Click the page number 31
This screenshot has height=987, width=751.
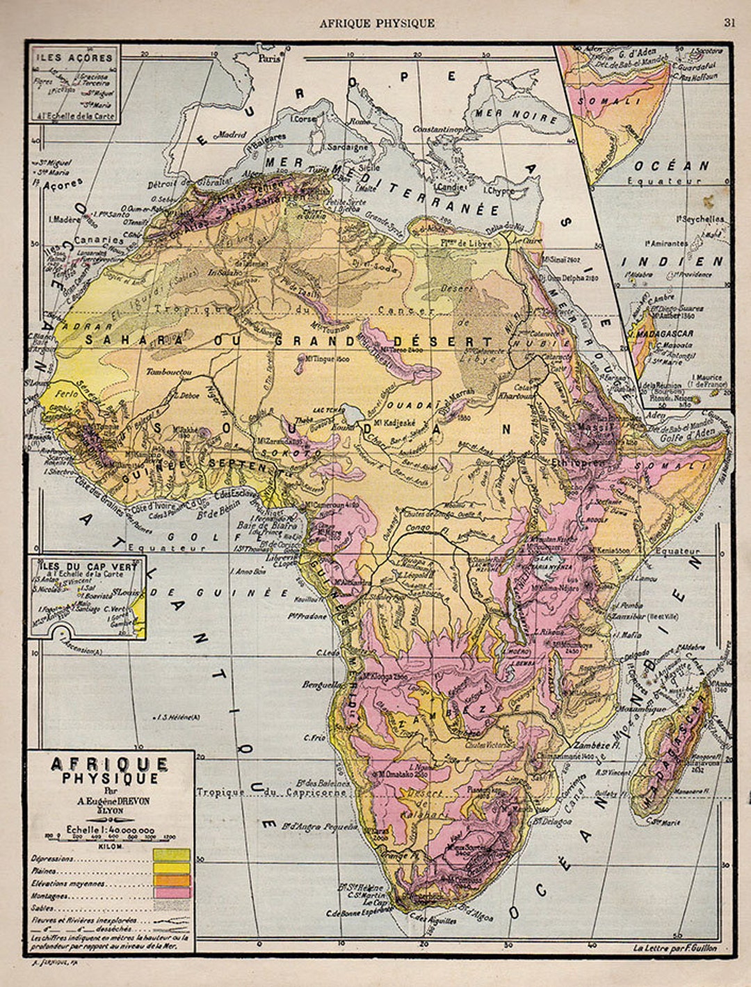pos(729,22)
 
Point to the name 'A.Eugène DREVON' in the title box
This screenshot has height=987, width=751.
pos(111,800)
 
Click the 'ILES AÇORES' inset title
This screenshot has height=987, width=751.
pos(74,58)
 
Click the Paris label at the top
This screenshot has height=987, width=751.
pos(269,59)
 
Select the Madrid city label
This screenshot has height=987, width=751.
pos(233,134)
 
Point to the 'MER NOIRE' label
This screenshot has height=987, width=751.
pos(515,115)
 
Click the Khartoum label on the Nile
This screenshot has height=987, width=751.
pos(516,396)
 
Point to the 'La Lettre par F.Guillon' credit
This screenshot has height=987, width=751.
pos(675,947)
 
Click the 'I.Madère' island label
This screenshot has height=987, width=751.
pos(65,219)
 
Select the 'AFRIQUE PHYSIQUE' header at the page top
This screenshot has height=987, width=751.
pos(377,23)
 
